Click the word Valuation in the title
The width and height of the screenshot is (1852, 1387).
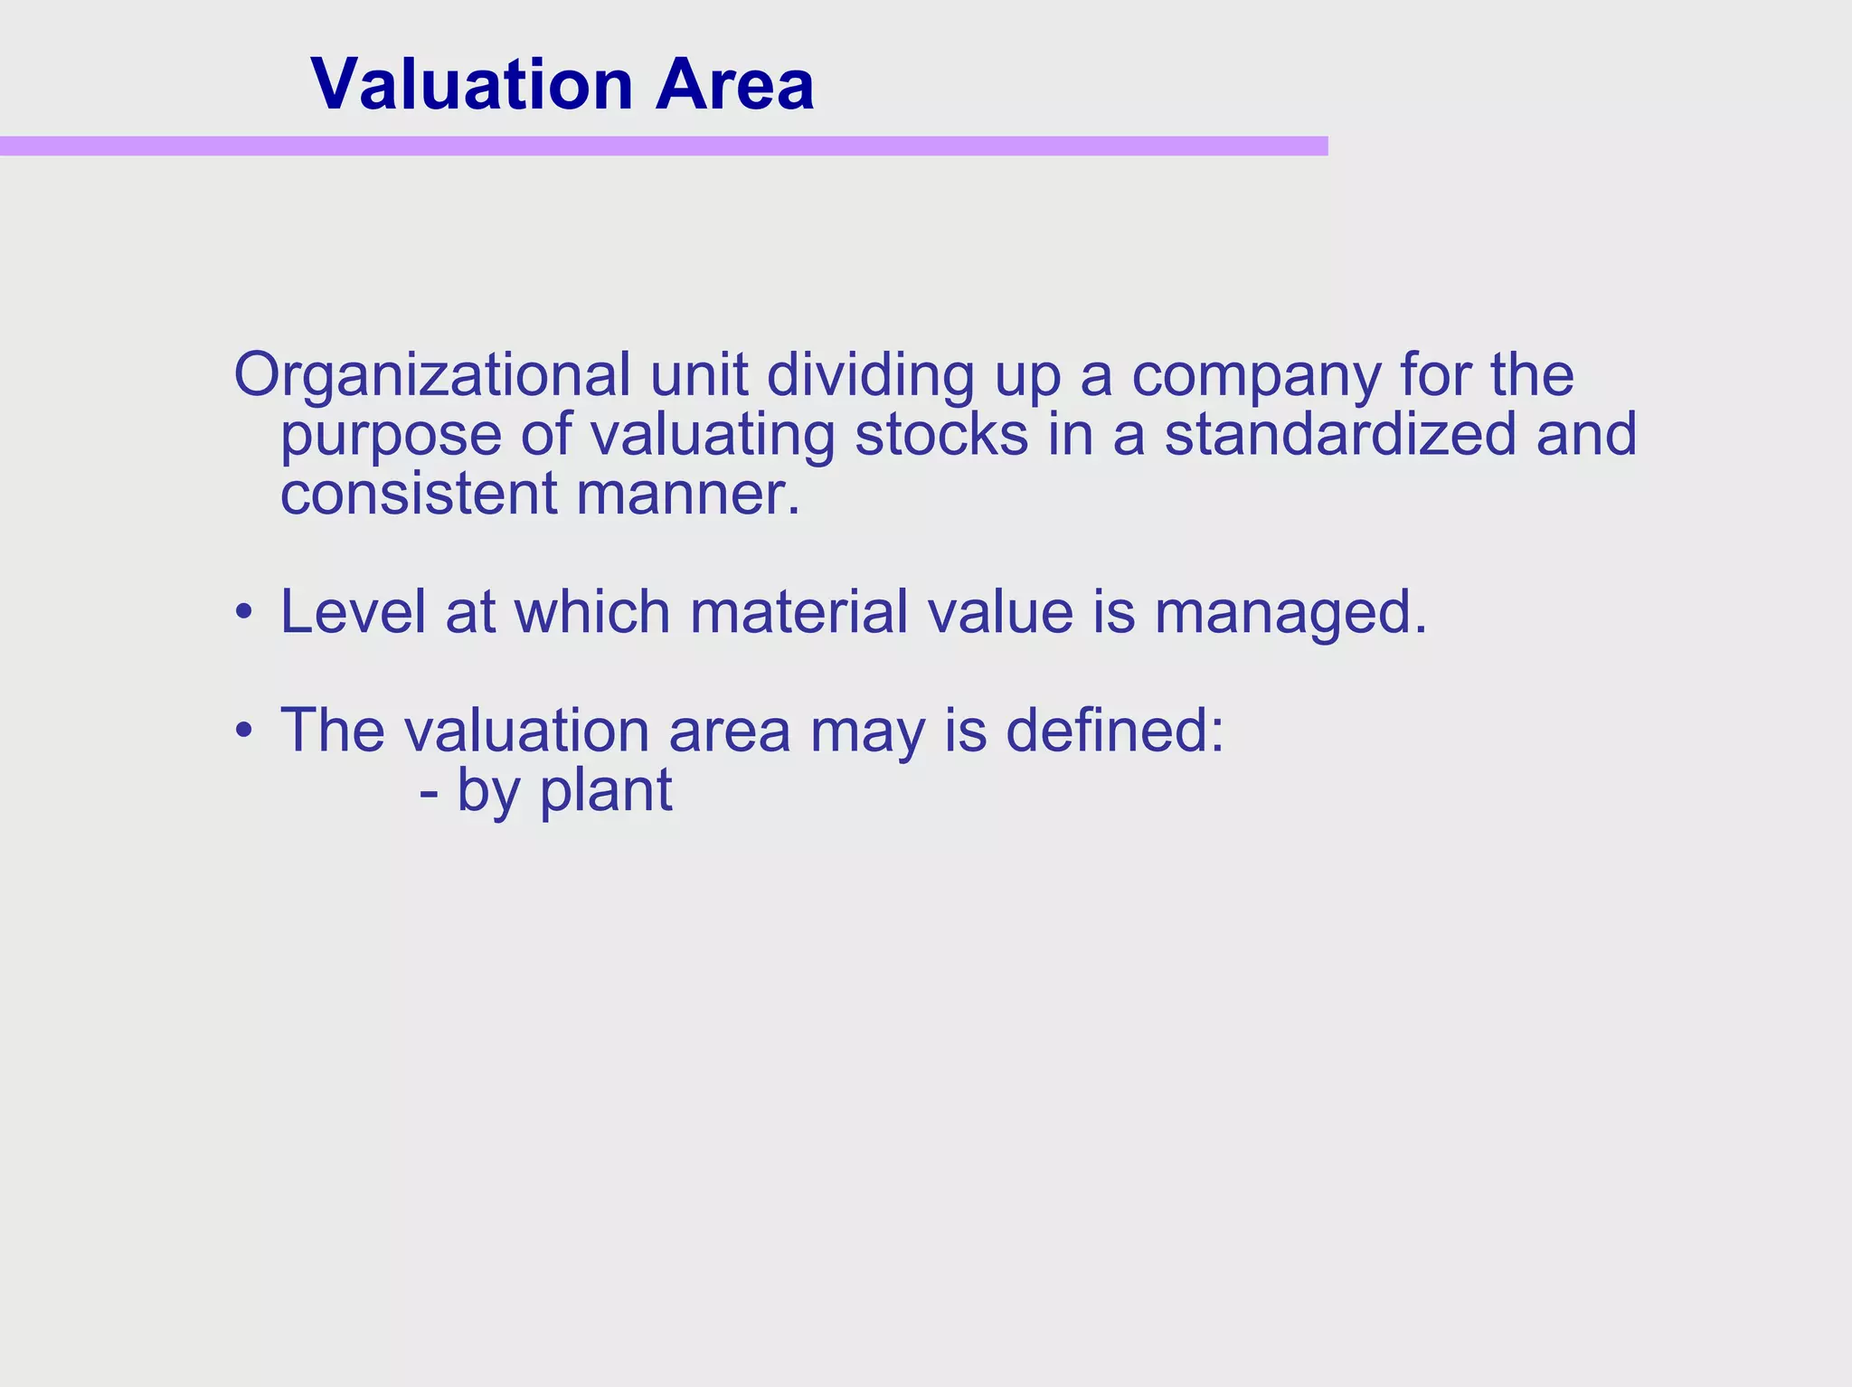coord(471,85)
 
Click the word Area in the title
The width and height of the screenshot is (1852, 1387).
coord(735,85)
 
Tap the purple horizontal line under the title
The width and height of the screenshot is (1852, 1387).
coord(664,146)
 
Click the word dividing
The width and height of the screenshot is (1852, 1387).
coord(870,376)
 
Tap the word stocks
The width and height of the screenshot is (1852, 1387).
coord(941,435)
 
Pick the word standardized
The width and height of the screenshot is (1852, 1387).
coord(1341,435)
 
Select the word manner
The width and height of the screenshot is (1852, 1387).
coord(688,496)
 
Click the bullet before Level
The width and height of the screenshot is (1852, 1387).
coord(242,614)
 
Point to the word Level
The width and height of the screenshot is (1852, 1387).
coord(353,612)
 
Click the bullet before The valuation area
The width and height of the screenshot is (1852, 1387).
coord(242,731)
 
